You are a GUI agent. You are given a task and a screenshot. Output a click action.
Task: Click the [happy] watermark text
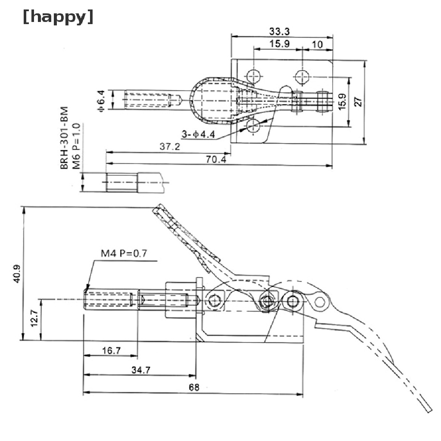[58, 17]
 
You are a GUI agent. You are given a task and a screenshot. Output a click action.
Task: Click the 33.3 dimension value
[279, 31]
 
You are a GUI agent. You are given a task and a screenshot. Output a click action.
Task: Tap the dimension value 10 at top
[317, 44]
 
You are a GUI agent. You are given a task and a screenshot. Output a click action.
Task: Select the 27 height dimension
[358, 102]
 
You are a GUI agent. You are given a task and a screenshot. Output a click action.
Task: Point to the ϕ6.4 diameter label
[101, 101]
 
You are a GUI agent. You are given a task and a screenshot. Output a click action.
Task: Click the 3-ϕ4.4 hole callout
[198, 134]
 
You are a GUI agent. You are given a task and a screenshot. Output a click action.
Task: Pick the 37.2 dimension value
[170, 146]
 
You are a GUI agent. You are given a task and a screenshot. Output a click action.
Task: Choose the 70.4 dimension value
[216, 159]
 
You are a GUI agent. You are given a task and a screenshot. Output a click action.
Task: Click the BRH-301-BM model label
[65, 138]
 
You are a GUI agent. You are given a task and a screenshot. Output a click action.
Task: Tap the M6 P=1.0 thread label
[77, 146]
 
